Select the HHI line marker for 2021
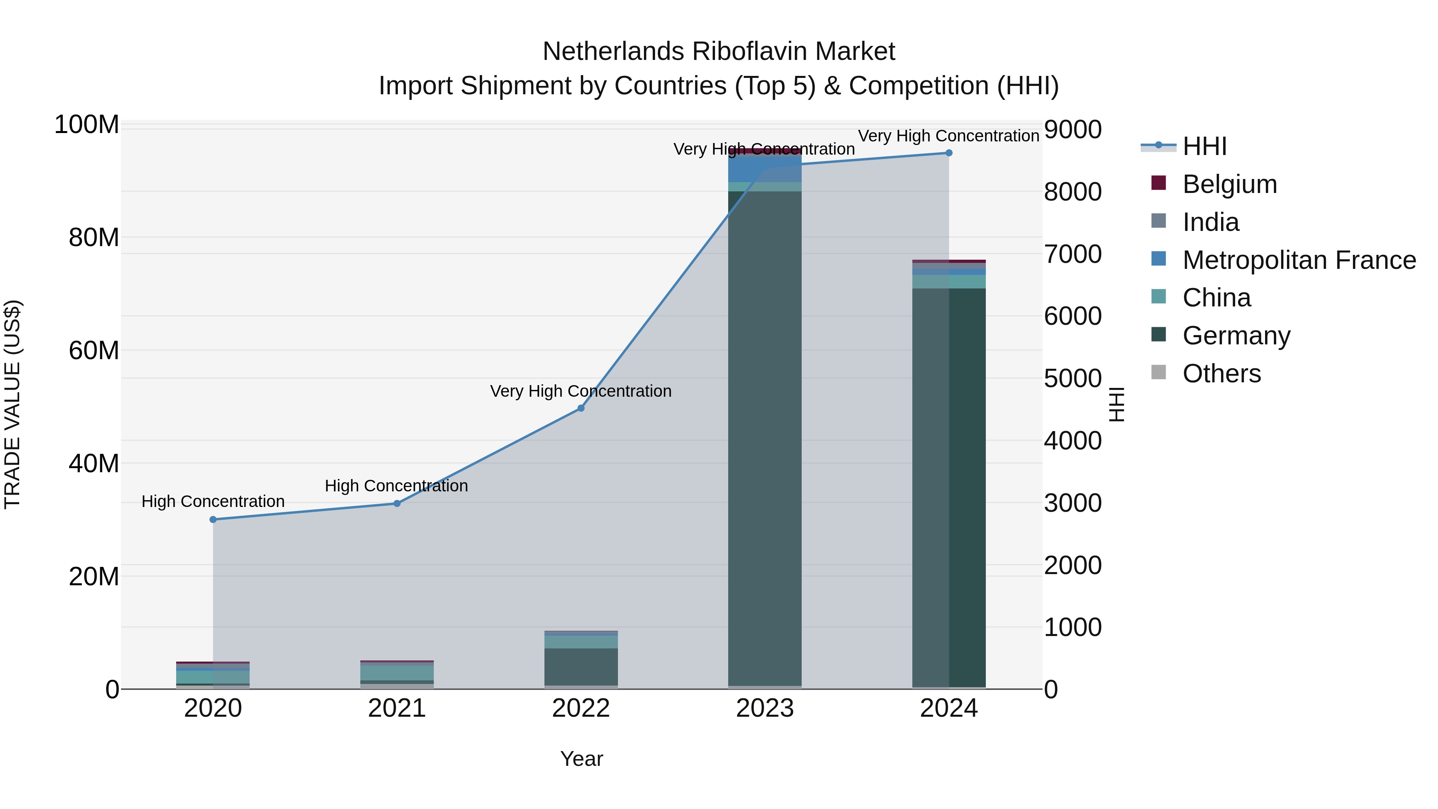pyautogui.click(x=397, y=504)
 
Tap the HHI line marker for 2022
pyautogui.click(x=580, y=408)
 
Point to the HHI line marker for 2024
pyautogui.click(x=948, y=153)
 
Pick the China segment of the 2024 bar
pyautogui.click(x=948, y=281)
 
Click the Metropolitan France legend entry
pyautogui.click(x=1299, y=260)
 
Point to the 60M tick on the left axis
pyautogui.click(x=94, y=351)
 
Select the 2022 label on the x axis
pyautogui.click(x=580, y=708)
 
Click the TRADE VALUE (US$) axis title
pyautogui.click(x=13, y=404)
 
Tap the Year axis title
pyautogui.click(x=581, y=759)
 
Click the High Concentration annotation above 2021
pyautogui.click(x=396, y=486)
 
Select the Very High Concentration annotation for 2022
pyautogui.click(x=580, y=391)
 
